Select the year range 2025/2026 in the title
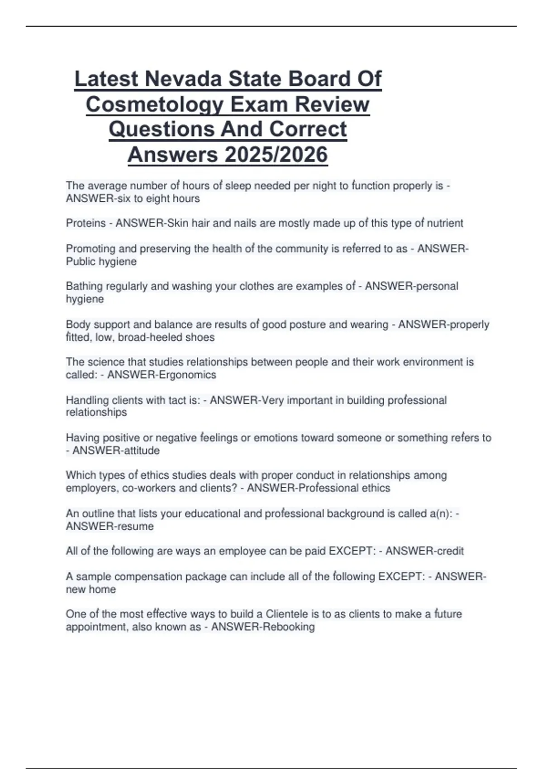click(x=276, y=155)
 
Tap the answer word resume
click(x=135, y=527)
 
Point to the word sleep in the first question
click(x=238, y=186)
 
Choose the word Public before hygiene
click(x=80, y=262)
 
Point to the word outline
click(x=98, y=514)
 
